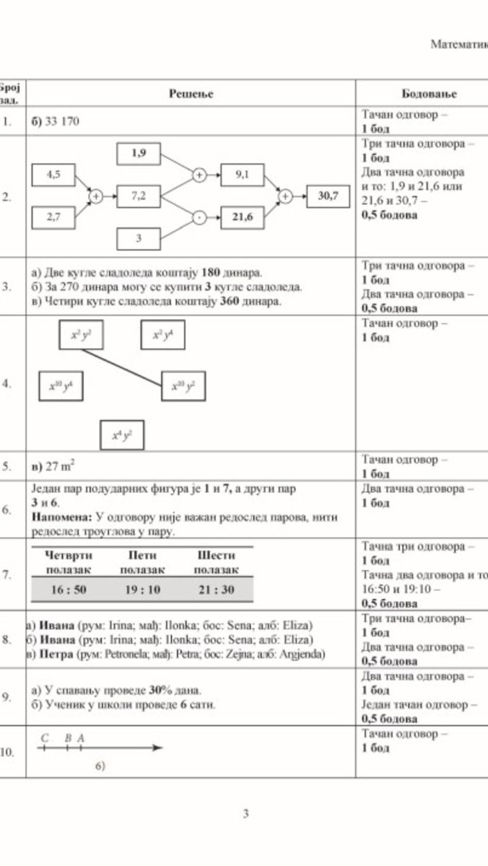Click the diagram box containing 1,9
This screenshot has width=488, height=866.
[x=139, y=153]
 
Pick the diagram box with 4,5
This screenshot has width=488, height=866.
[x=53, y=174]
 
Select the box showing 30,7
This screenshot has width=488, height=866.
[x=328, y=196]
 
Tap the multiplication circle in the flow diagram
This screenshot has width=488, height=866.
[x=198, y=216]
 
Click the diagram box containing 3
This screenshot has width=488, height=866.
[x=139, y=237]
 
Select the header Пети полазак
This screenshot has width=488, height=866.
[x=141, y=562]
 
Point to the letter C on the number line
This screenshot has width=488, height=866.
[x=45, y=738]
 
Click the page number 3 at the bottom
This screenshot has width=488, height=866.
[x=245, y=815]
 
